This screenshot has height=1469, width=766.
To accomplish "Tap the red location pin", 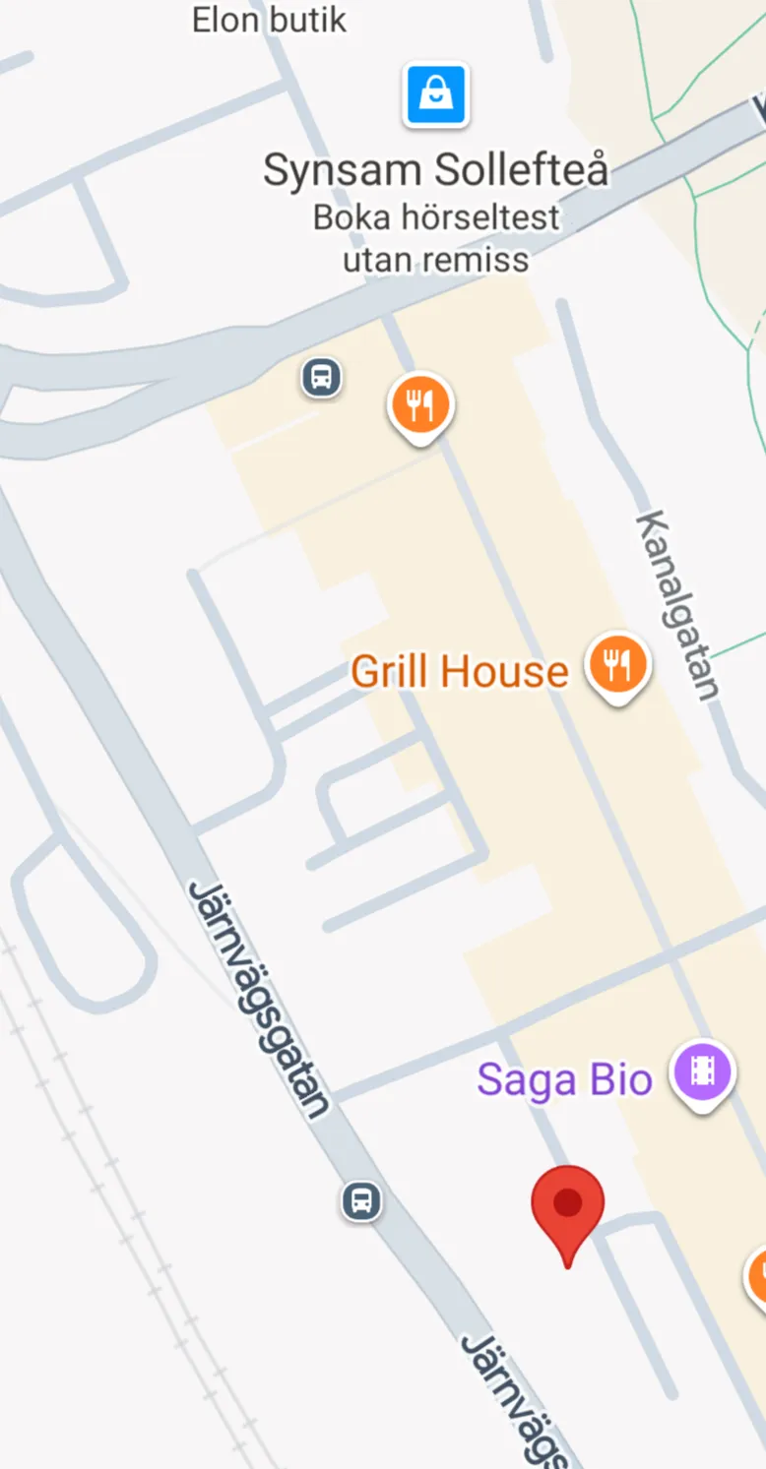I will point(567,1206).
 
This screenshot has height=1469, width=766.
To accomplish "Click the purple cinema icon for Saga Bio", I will point(702,1071).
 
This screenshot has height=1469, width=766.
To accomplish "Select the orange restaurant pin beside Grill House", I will point(617,665).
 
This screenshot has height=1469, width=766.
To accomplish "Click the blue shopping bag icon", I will point(435,95).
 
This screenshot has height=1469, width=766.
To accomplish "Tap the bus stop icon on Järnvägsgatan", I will point(361,1200).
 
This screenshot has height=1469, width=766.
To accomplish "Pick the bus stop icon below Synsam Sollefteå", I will point(322,377).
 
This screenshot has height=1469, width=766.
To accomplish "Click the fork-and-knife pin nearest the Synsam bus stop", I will point(420,404).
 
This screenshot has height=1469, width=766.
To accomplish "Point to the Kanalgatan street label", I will point(677,604).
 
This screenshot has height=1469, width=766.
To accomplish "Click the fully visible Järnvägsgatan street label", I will point(258,1000).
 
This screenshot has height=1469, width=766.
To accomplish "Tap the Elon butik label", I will point(269,20).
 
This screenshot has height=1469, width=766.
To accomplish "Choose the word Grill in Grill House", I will point(390,672).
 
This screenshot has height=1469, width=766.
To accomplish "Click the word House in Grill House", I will point(504,672).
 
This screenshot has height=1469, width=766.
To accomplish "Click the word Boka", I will point(350,217).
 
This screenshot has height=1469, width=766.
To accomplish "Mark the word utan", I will point(378,260).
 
